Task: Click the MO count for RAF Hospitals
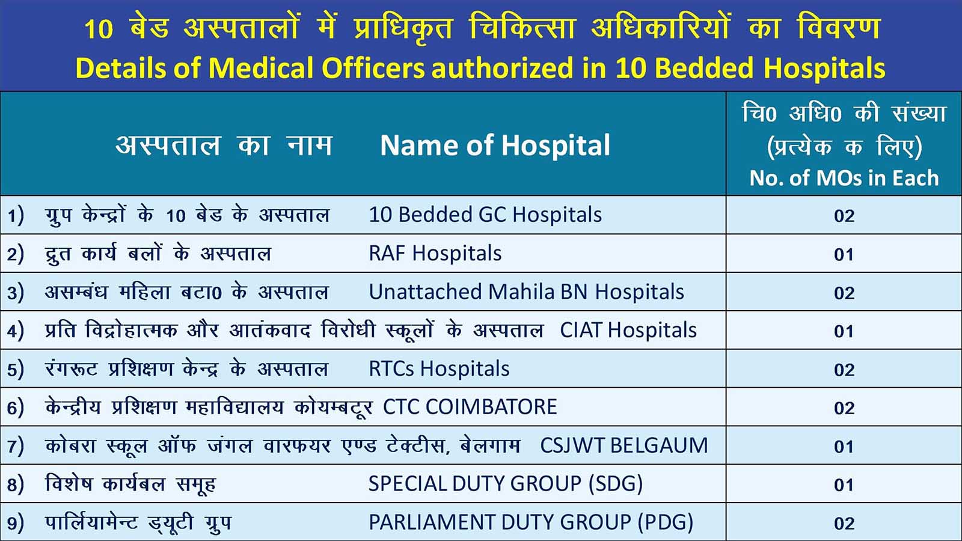click(844, 254)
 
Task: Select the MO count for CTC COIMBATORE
click(844, 408)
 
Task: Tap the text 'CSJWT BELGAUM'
click(623, 445)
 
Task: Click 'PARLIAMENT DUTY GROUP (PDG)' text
click(531, 522)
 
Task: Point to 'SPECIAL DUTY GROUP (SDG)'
click(506, 484)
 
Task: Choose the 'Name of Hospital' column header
click(495, 145)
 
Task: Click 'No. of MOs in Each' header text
click(844, 178)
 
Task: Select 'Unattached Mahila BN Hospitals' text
click(526, 292)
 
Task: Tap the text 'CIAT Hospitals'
click(628, 330)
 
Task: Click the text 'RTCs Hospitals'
click(439, 368)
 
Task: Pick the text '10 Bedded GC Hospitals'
click(485, 214)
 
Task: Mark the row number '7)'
click(16, 445)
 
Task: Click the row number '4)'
click(16, 331)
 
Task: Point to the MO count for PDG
click(844, 523)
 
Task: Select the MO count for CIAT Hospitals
click(844, 331)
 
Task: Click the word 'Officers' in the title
click(373, 68)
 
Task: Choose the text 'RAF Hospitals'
click(435, 253)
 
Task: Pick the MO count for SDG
click(844, 484)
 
